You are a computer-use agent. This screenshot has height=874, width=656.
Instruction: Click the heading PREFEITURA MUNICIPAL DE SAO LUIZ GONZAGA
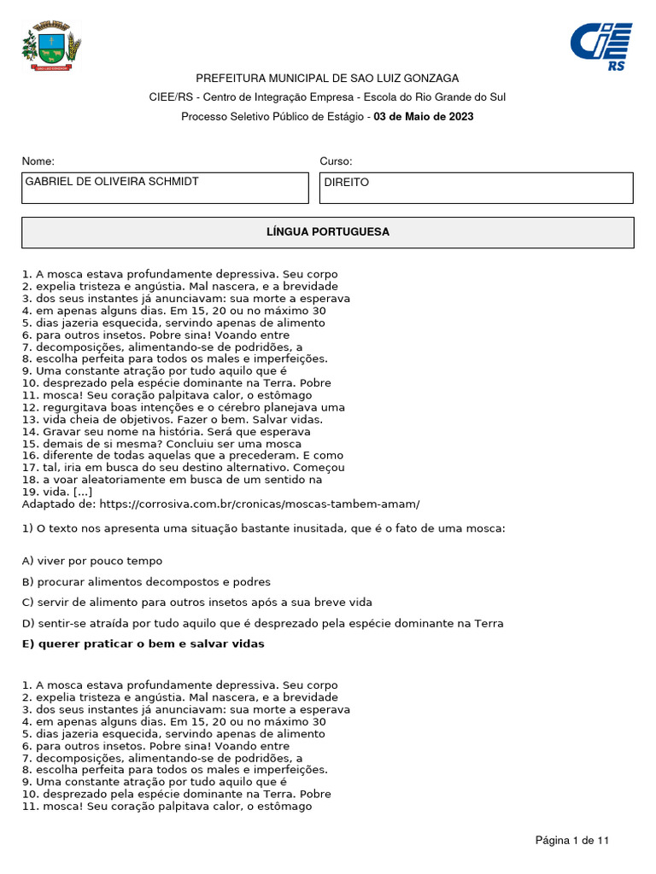[327, 78]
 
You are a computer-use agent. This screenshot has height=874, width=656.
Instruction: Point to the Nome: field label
[38, 161]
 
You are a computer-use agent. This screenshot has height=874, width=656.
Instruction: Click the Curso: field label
[336, 161]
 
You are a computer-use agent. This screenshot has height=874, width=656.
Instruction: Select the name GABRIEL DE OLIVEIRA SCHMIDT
[112, 182]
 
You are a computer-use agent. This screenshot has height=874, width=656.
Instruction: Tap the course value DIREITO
[347, 183]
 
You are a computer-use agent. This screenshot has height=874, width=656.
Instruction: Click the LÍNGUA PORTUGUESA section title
[327, 232]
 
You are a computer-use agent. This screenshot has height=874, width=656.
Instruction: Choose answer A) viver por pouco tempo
[91, 561]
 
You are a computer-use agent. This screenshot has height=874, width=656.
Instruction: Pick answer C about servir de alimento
[196, 603]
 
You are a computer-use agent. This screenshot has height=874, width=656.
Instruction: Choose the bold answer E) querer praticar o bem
[143, 644]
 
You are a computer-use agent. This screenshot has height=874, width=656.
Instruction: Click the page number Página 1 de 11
[572, 841]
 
